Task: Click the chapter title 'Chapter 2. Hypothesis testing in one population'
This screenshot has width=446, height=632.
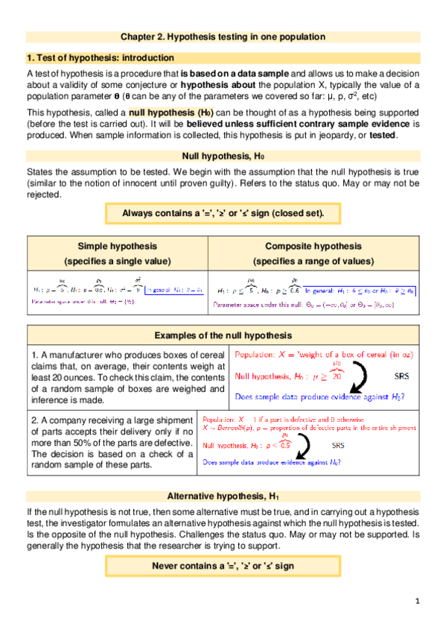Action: pos(223,36)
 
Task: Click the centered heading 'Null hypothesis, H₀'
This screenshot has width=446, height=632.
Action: pos(223,156)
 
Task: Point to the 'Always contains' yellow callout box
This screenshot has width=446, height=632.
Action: pos(223,213)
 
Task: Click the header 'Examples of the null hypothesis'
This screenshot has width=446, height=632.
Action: pos(223,335)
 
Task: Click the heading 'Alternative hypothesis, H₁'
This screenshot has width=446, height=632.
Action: pos(223,496)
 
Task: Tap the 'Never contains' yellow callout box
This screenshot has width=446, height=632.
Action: pos(223,566)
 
